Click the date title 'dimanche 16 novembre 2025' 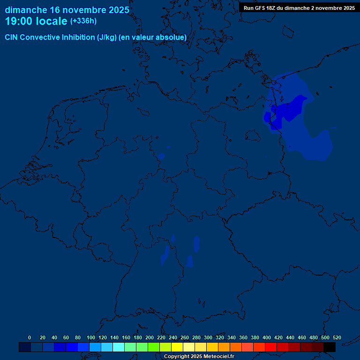pos(67,10)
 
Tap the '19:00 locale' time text pos(36,21)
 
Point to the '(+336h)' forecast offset pos(83,21)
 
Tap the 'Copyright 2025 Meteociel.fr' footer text pos(199,357)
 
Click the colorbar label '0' pos(30,337)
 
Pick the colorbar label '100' pos(91,337)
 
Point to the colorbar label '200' pos(150,337)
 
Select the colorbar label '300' pos(208,337)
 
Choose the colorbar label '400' pos(267,337)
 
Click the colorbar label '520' pos(337,337)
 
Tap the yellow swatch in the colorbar pos(177,347)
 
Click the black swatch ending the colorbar pos(330,347)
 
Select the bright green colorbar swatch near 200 pos(154,347)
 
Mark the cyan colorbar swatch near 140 pos(119,347)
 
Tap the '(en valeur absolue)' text pos(153,37)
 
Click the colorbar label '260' pos(185,337)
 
